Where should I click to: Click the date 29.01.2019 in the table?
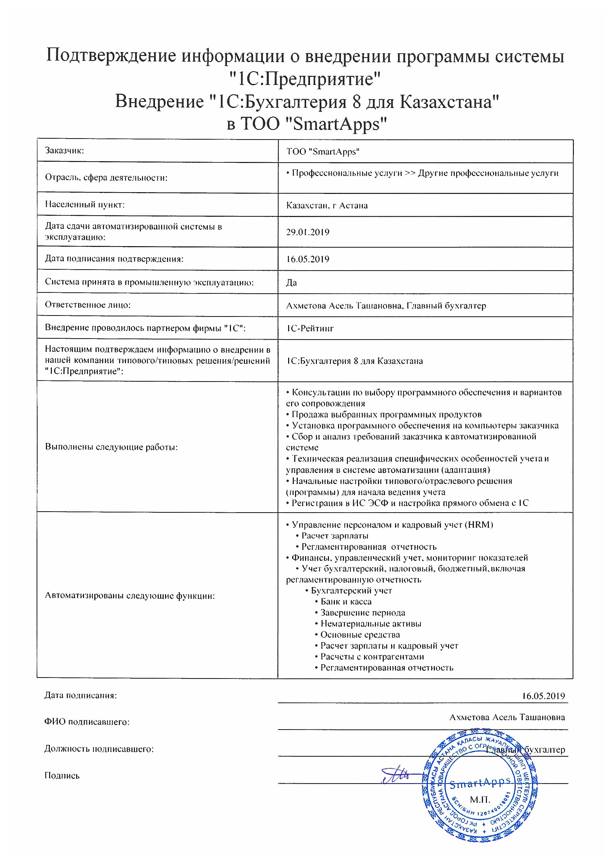pos(308,232)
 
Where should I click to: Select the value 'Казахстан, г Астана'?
pos(327,205)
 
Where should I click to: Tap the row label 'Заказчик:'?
pos(65,151)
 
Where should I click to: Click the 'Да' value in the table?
pos(292,282)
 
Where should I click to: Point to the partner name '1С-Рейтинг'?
pos(310,328)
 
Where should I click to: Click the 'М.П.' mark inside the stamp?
pos(480,799)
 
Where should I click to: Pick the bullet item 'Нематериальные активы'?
pos(370,624)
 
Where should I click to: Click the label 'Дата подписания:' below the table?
pos(81,696)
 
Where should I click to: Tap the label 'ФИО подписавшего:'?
pos(87,722)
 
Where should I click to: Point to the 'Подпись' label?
pos(62,776)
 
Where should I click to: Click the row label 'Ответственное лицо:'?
pos(88,305)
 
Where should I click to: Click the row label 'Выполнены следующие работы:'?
pos(111,447)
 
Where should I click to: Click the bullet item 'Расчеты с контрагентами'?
pos(372,657)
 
